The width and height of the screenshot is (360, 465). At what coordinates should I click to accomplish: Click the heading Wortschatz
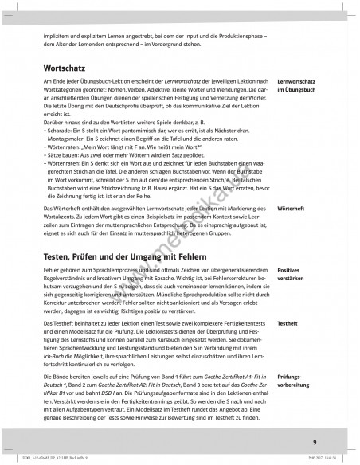pyautogui.click(x=65, y=67)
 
